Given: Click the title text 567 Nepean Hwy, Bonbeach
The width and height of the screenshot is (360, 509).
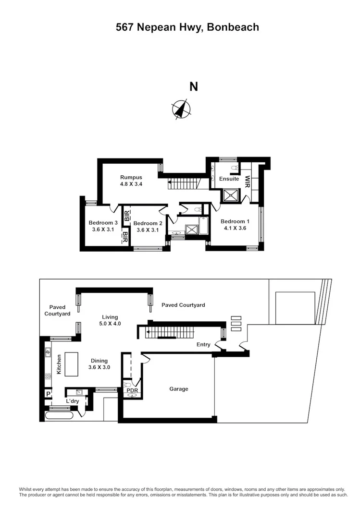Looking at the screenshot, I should pyautogui.click(x=187, y=27).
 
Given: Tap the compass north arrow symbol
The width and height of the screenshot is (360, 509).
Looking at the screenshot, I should pyautogui.click(x=181, y=109).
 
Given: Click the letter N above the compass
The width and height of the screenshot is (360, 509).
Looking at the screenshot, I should pyautogui.click(x=194, y=86).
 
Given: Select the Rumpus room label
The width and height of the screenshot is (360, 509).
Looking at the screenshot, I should pyautogui.click(x=131, y=176).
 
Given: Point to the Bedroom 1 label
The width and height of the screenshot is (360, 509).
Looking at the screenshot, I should pyautogui.click(x=235, y=221).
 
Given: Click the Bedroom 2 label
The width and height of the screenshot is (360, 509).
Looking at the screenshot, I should pyautogui.click(x=148, y=223).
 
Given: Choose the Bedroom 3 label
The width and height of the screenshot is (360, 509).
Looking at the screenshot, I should pyautogui.click(x=103, y=223).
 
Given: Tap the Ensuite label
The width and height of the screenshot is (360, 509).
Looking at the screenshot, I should pyautogui.click(x=229, y=179).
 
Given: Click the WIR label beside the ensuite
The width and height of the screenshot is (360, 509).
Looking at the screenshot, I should pyautogui.click(x=248, y=181).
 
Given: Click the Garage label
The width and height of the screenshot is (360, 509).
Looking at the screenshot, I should pyautogui.click(x=178, y=389).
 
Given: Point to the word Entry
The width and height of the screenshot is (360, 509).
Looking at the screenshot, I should pyautogui.click(x=203, y=345).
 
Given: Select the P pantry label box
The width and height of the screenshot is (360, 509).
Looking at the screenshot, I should pyautogui.click(x=48, y=394).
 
